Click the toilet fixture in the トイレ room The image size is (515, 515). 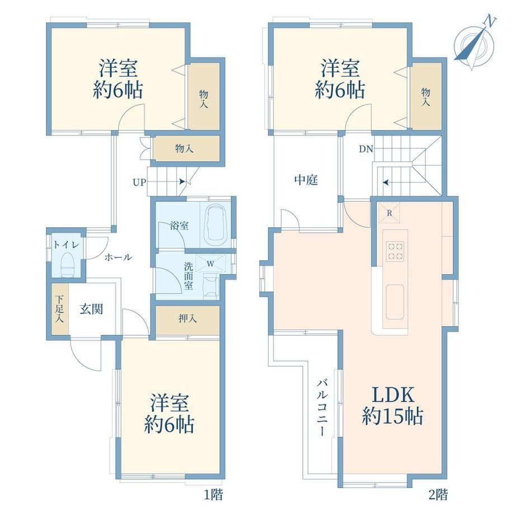69,264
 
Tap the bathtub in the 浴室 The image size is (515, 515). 216,224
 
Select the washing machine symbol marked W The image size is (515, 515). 210,263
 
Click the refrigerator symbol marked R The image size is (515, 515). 389,213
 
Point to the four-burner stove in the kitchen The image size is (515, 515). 395,251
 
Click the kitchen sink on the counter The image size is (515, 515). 395,302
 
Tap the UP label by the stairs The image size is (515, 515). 139,182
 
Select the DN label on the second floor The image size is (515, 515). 366,149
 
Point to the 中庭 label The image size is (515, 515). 306,180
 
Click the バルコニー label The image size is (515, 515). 321,408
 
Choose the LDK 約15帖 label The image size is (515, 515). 392,406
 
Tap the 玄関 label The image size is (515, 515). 91,309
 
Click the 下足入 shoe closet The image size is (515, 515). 60,309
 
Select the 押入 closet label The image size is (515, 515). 188,318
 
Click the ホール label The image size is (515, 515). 118,257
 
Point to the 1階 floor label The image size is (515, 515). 213,494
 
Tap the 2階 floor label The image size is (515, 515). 438,494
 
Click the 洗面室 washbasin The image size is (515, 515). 211,287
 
